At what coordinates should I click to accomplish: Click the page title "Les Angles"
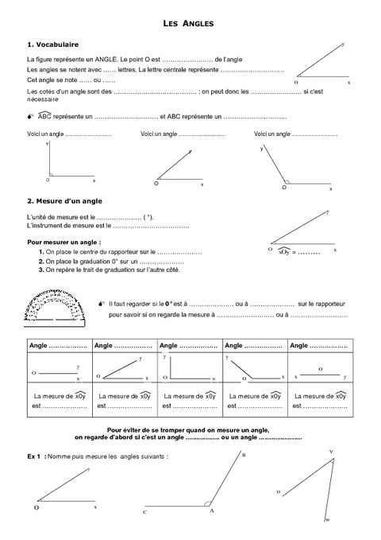[x=190, y=25]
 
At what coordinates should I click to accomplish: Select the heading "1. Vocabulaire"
[x=52, y=45]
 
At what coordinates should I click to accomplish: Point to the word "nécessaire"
[x=44, y=100]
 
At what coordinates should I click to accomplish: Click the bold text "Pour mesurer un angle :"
[x=63, y=241]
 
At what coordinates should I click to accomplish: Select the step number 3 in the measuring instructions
[x=40, y=270]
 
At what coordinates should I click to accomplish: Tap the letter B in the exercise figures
[x=243, y=454]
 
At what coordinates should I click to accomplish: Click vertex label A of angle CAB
[x=212, y=510]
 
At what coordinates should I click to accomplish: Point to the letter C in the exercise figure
[x=145, y=513]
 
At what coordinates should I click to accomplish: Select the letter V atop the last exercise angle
[x=331, y=451]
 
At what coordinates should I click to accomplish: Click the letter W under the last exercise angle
[x=328, y=520]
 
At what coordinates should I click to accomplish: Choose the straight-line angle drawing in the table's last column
[x=321, y=375]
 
